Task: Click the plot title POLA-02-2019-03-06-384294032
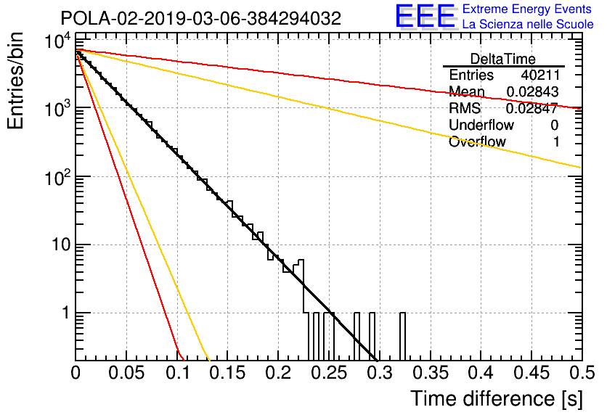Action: tap(201, 18)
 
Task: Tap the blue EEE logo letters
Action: tap(425, 16)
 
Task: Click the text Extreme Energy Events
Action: tap(527, 9)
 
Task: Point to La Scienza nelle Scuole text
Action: tap(528, 25)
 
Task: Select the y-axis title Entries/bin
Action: tap(15, 81)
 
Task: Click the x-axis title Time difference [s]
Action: tap(497, 399)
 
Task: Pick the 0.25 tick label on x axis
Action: tap(330, 373)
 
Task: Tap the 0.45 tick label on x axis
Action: tap(532, 373)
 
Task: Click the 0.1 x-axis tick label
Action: tap(178, 373)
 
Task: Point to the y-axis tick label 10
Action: tap(62, 245)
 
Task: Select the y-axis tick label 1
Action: tap(66, 313)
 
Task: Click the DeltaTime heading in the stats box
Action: tap(503, 59)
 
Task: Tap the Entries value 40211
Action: tap(540, 75)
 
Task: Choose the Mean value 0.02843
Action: tap(532, 91)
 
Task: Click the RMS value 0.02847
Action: tap(532, 109)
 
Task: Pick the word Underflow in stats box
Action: tap(481, 125)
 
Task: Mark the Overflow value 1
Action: tap(556, 142)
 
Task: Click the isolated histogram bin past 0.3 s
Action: tap(402, 336)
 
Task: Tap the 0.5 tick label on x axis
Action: tap(582, 373)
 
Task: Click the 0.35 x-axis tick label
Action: tap(431, 373)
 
